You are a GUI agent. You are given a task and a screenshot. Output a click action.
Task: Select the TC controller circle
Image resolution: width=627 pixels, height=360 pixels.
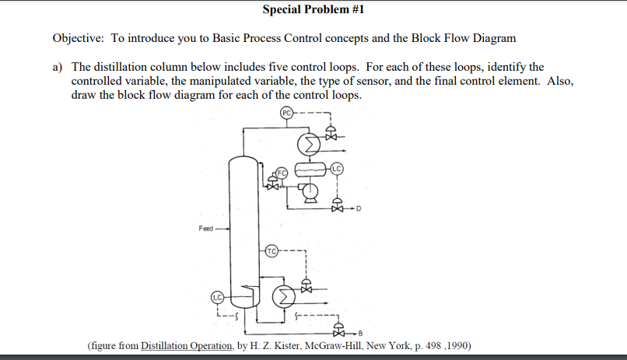(x=271, y=250)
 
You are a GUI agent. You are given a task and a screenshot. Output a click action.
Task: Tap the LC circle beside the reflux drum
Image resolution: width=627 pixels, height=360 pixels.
(x=336, y=168)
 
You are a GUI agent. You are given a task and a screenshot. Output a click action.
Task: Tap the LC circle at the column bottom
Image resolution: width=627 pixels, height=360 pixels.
(x=218, y=297)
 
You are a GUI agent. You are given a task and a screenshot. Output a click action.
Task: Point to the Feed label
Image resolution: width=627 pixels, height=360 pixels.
(x=206, y=229)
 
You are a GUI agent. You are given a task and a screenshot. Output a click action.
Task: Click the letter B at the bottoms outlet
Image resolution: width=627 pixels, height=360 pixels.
(x=360, y=332)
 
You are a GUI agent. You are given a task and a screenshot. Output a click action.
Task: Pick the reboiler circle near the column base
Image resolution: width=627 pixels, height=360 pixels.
(x=285, y=296)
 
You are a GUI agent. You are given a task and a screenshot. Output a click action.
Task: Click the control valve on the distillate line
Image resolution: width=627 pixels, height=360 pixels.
(x=337, y=207)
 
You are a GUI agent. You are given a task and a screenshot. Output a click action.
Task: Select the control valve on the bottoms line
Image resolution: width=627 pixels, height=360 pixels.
(x=337, y=330)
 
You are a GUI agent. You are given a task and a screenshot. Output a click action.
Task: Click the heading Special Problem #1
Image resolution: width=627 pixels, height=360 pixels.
(x=313, y=10)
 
